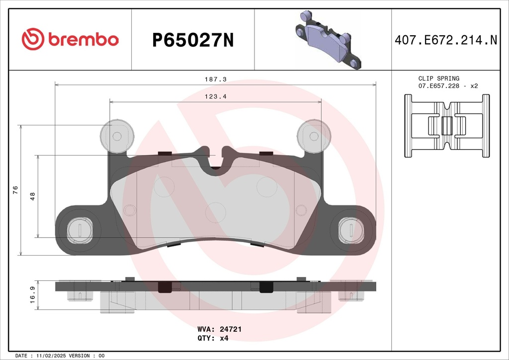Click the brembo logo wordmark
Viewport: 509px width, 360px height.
[84, 40]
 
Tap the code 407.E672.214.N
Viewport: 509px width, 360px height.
[446, 40]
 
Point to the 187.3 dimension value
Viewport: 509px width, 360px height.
[216, 79]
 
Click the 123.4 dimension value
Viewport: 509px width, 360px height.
[216, 96]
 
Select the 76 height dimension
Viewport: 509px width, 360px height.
[15, 190]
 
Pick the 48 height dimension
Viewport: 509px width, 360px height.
[32, 196]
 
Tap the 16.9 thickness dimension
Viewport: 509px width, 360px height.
[32, 295]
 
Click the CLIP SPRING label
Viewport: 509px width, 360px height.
[438, 78]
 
